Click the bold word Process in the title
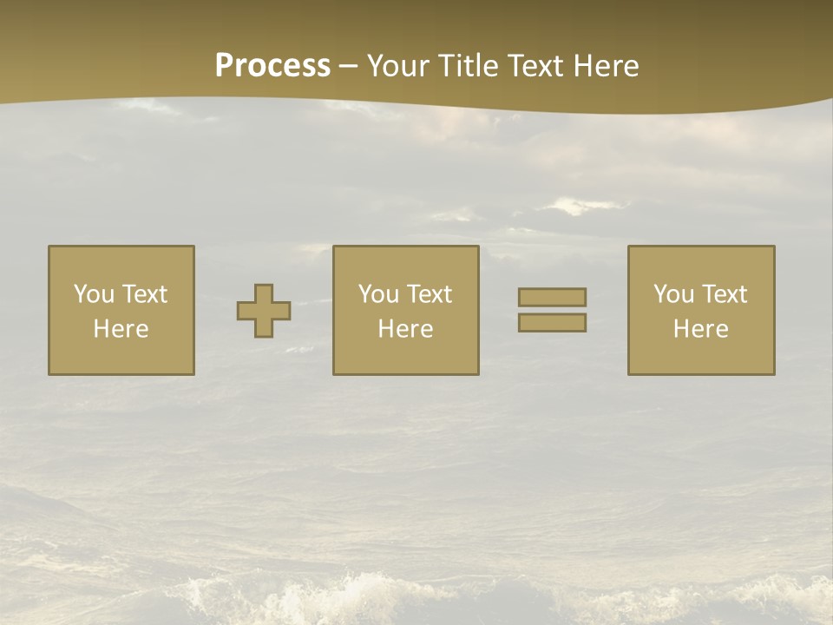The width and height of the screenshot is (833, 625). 272,66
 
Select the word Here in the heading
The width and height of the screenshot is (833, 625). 607,66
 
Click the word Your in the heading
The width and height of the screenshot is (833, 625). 398,66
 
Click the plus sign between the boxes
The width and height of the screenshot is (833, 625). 264,311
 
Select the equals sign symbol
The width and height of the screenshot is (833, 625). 552,310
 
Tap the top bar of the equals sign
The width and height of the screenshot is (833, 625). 552,297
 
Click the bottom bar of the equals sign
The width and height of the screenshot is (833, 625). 552,323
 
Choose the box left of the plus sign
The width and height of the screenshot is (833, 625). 121,311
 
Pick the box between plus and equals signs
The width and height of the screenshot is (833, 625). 406,311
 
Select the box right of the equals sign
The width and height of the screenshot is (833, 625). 701,311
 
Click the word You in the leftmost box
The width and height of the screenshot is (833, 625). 94,294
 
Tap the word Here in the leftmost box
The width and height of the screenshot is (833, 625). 121,329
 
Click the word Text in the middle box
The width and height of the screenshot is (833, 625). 430,294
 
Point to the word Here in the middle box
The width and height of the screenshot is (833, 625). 406,329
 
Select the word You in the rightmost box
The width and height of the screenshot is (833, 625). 673,294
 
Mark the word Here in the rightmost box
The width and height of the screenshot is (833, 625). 701,329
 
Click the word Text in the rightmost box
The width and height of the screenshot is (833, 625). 725,294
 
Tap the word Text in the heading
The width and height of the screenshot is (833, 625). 535,66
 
